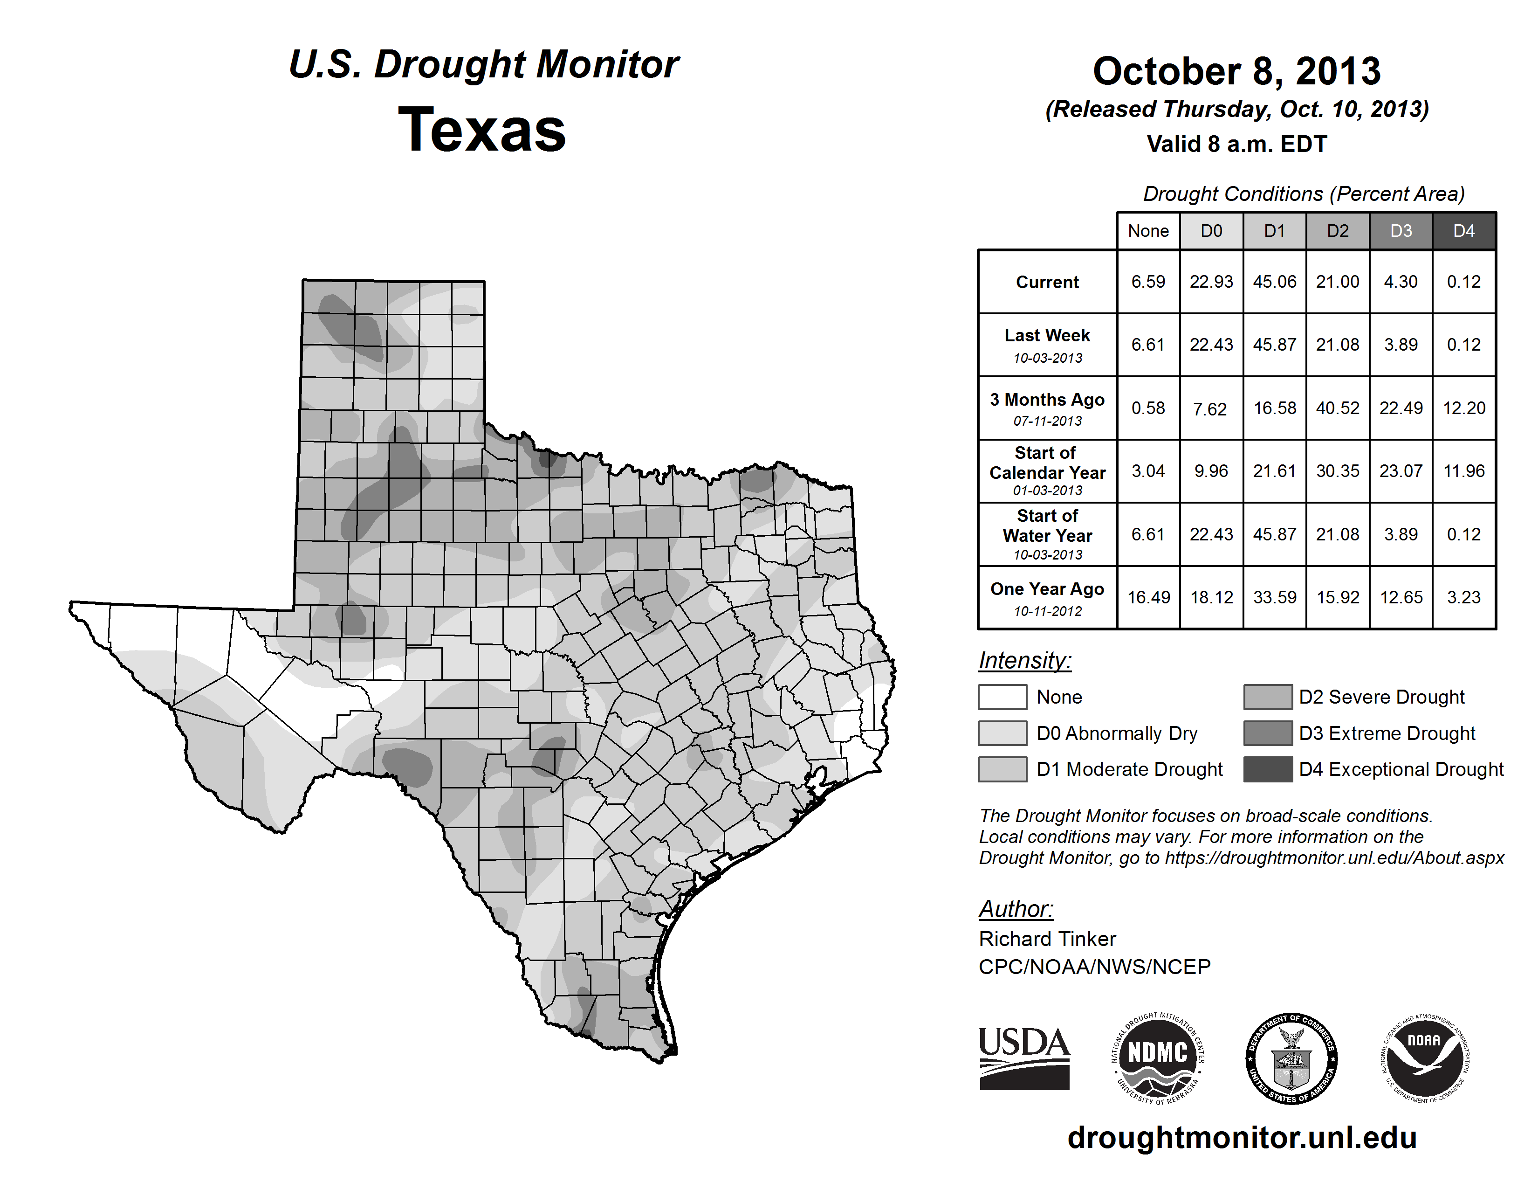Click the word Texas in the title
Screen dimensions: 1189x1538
click(x=482, y=130)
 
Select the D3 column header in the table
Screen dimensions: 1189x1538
click(x=1401, y=231)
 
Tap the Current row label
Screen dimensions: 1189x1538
click(x=1047, y=282)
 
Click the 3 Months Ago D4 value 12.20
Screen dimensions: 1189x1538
click(x=1464, y=408)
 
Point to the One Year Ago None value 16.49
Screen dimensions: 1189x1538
click(x=1148, y=597)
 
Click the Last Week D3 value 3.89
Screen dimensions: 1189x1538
click(x=1401, y=345)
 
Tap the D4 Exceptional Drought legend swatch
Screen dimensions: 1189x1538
click(x=1268, y=769)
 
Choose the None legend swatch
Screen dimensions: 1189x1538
click(x=1002, y=697)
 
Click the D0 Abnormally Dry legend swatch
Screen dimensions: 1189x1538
click(x=1002, y=733)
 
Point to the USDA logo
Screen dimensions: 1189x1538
click(x=1024, y=1058)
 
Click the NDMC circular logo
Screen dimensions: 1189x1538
click(x=1158, y=1058)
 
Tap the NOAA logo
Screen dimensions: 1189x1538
click(x=1424, y=1058)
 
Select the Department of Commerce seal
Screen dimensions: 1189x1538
click(x=1291, y=1058)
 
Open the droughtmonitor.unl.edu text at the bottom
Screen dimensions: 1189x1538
click(x=1242, y=1138)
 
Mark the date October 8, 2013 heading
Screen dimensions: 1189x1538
click(x=1236, y=71)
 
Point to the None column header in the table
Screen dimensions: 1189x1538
click(x=1148, y=231)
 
